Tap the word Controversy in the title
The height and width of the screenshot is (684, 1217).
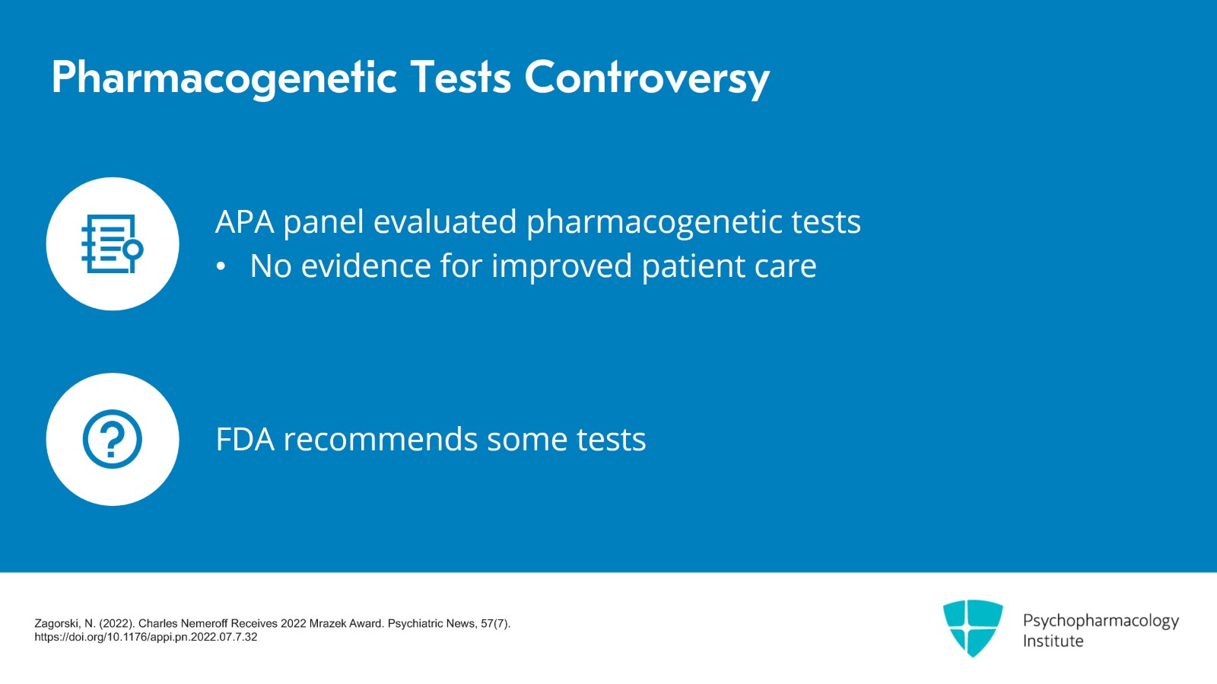point(647,78)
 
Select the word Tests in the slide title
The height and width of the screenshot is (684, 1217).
point(460,78)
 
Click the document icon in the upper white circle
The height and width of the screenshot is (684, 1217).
point(112,243)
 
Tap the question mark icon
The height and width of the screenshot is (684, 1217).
point(112,439)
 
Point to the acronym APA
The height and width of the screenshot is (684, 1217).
point(244,222)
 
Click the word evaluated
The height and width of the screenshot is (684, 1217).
point(444,222)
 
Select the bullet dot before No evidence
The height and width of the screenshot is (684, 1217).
point(221,267)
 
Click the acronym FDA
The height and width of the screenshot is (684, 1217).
point(245,440)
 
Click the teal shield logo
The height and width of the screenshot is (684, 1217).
point(972,627)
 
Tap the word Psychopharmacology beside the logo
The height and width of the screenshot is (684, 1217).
point(1100,621)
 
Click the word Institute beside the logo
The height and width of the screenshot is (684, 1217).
point(1053,641)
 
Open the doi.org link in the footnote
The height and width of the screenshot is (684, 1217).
point(146,637)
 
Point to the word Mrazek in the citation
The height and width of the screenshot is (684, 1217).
point(329,623)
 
